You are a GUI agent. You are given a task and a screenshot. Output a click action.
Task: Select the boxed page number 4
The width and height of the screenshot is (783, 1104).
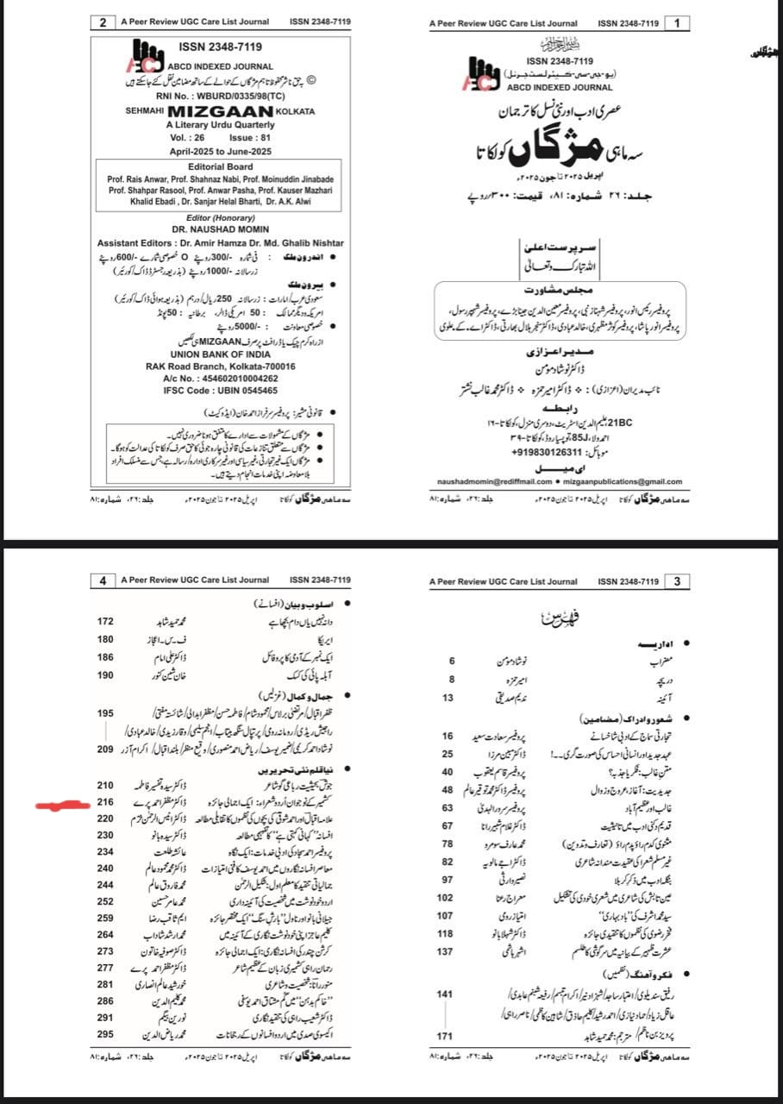click(x=103, y=581)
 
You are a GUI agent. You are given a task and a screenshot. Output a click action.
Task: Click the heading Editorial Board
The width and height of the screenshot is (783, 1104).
click(x=221, y=166)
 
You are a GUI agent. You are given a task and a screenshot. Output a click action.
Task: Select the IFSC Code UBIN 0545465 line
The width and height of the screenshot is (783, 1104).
click(x=221, y=390)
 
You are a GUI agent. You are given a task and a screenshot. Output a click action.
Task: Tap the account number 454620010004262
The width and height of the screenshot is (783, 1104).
click(x=221, y=378)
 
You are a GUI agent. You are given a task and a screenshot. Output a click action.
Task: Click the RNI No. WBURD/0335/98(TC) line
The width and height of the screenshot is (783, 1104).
click(x=221, y=96)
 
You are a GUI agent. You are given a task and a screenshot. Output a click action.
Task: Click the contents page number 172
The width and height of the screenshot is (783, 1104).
click(x=105, y=621)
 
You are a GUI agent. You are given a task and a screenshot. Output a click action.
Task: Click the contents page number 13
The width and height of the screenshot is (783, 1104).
click(x=448, y=697)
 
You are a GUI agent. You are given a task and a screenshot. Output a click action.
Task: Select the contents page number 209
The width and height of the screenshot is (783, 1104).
click(x=105, y=749)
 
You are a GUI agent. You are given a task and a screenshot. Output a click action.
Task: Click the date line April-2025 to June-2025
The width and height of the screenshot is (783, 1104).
click(x=221, y=150)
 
